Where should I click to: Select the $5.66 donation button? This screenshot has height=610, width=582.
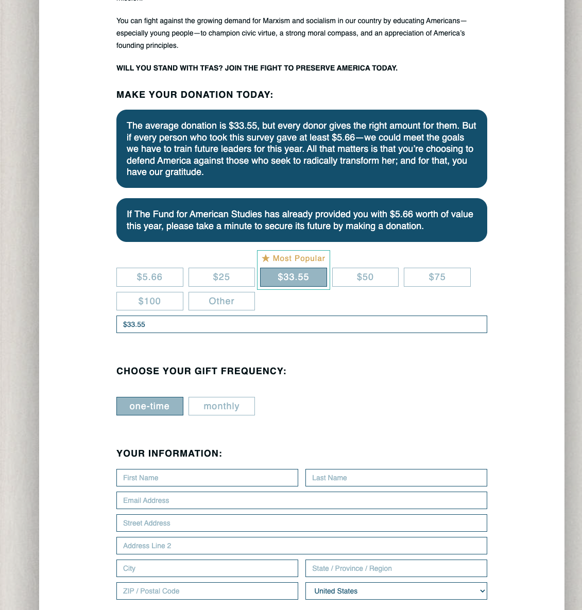tap(149, 277)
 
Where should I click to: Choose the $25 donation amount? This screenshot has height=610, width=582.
tap(221, 277)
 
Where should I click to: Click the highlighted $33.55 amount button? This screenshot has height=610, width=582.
tap(293, 277)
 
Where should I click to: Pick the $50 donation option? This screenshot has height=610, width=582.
tap(365, 277)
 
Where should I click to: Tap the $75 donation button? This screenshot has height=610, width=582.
tap(437, 277)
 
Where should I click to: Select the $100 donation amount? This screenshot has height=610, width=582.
tap(149, 301)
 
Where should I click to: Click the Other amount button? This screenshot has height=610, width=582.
tap(221, 301)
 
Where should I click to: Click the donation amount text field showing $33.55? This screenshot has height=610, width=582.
tap(301, 324)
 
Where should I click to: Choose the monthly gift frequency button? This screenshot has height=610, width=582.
tap(221, 406)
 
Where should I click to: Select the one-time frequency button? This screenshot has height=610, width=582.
tap(149, 406)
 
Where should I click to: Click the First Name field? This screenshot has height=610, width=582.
tap(207, 478)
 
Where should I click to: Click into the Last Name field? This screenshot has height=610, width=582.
tap(396, 478)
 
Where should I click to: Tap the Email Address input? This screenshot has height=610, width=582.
tap(301, 500)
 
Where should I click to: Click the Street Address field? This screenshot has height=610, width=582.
tap(301, 523)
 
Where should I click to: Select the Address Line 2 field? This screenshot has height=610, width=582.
tap(301, 546)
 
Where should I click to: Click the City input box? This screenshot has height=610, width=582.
tap(207, 568)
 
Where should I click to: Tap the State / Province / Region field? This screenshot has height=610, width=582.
tap(396, 568)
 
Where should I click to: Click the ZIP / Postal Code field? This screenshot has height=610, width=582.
tap(207, 591)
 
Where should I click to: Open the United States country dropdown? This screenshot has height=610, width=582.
tap(396, 591)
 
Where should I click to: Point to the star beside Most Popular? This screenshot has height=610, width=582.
tap(266, 258)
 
